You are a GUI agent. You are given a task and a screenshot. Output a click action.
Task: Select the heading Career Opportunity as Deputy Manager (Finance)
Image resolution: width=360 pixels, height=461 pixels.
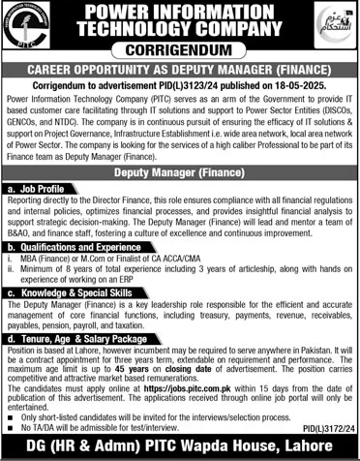coord(181,71)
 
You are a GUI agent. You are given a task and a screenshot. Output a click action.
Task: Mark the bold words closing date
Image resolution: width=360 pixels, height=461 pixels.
coord(208,371)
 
